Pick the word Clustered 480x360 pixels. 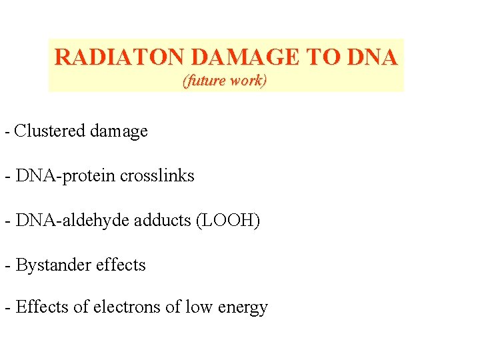[x=51, y=131]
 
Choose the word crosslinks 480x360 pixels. [x=157, y=176]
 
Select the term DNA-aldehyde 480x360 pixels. [x=73, y=221]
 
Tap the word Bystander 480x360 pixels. [x=54, y=265]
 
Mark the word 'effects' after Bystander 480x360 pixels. [x=121, y=265]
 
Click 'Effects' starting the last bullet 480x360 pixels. [x=40, y=307]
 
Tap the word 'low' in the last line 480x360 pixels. [x=201, y=307]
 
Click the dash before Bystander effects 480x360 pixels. [x=7, y=265]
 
